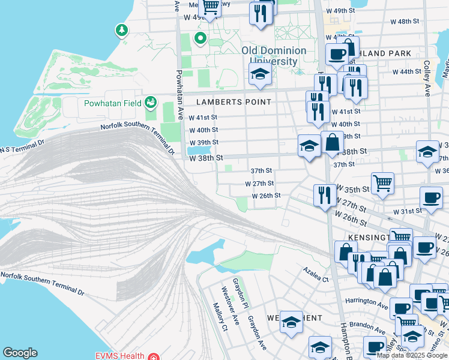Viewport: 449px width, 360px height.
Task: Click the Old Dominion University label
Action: (x=274, y=56)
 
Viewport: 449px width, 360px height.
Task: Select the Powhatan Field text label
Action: (x=112, y=103)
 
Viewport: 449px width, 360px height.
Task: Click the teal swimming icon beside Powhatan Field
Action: (x=149, y=103)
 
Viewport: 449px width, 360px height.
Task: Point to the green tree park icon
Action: (x=122, y=29)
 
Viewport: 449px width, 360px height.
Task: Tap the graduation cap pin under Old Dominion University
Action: (x=259, y=74)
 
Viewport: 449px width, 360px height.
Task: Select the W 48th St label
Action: (x=405, y=21)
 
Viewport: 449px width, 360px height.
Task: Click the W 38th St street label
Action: (x=206, y=158)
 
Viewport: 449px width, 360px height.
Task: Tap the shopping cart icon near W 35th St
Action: (x=382, y=182)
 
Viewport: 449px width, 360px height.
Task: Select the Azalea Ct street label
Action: (x=316, y=275)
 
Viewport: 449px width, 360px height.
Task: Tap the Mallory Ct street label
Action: (x=220, y=316)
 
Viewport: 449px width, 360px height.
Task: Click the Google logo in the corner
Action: (x=20, y=353)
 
